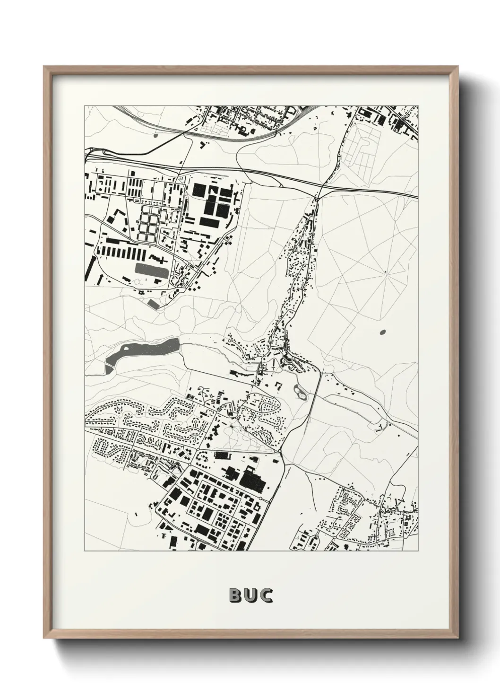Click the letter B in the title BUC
235,595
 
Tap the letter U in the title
250,595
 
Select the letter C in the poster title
266,595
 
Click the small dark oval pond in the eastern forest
382,332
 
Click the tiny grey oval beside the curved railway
155,136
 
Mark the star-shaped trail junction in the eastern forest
385,271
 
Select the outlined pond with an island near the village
300,391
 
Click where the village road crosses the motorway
320,188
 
